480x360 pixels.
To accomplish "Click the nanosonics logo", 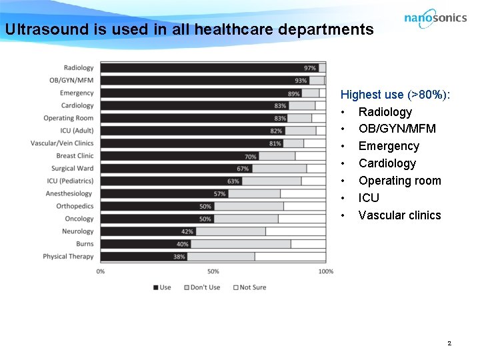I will tap(435, 18).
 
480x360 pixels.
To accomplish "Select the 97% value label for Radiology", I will tap(309, 68).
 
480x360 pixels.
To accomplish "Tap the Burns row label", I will tap(85, 244).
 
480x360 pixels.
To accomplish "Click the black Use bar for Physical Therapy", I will tap(133, 257).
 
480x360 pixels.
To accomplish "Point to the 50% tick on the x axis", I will tap(213, 271).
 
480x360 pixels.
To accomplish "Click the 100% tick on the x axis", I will tap(325, 271).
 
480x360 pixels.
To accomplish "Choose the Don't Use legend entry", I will tap(204, 287).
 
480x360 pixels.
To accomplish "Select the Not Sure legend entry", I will tap(250, 287).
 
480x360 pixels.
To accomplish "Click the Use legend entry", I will tap(162, 287).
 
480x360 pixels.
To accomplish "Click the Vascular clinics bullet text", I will tap(399, 215).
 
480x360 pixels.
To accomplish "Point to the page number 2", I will tap(449, 343).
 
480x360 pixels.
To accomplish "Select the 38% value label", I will tap(179, 257).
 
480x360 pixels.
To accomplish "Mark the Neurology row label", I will tap(77, 231).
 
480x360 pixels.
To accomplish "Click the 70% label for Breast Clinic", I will tap(251, 156).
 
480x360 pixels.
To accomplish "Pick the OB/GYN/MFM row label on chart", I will tap(71, 81).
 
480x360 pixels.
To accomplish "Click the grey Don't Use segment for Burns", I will tap(240, 244).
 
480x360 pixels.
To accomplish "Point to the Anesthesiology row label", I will tap(69, 193).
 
